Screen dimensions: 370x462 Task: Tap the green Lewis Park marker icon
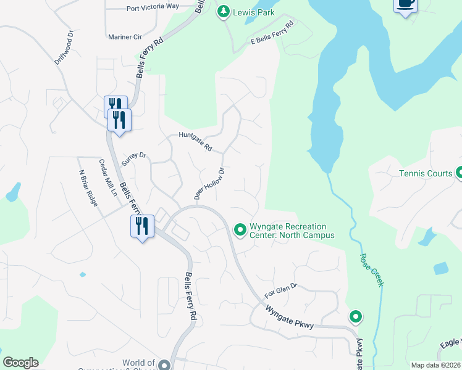tap(223, 11)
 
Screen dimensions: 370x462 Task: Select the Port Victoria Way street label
tap(152, 7)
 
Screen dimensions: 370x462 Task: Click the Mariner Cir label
tap(125, 37)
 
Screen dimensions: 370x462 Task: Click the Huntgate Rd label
tap(195, 142)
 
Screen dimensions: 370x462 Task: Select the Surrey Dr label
tap(133, 160)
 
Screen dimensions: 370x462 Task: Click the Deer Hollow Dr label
tap(208, 183)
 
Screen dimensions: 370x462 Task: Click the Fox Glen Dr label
tap(281, 289)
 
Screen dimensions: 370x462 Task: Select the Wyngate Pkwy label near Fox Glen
tap(289, 316)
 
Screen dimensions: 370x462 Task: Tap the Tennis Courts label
tap(426, 173)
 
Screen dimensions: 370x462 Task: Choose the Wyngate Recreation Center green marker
tap(240, 230)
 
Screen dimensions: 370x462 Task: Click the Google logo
tap(20, 363)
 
